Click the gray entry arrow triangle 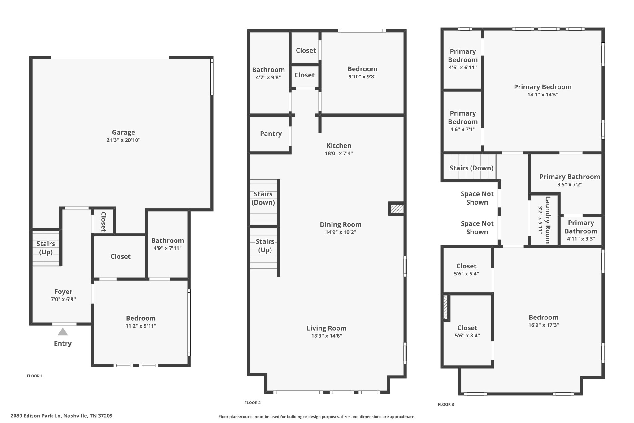point(63,332)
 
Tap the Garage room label point(124,132)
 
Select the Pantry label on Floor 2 point(271,134)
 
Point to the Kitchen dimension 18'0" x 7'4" point(339,153)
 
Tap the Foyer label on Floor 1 point(63,292)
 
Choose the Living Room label point(327,328)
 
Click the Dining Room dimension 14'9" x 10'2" point(341,232)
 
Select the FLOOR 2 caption point(253,403)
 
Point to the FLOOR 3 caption point(446,404)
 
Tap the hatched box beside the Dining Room point(397,209)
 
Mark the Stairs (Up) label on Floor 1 point(46,248)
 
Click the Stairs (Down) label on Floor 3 point(471,168)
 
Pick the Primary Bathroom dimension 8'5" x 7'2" point(570,184)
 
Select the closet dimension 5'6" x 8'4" point(467,335)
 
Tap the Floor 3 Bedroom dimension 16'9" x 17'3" point(544,325)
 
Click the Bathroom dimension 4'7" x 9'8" point(268,77)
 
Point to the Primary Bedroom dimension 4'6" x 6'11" point(463,67)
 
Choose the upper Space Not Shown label point(477,198)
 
